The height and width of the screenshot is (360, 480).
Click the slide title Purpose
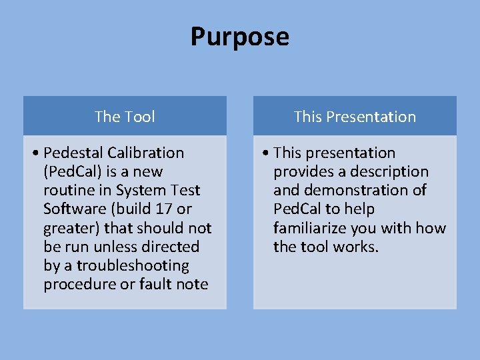tap(239, 36)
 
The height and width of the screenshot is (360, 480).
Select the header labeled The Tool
tap(125, 117)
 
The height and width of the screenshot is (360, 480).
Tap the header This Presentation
tap(355, 117)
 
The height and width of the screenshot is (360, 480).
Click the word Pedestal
tap(73, 153)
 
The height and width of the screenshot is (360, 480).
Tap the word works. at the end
tap(357, 247)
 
